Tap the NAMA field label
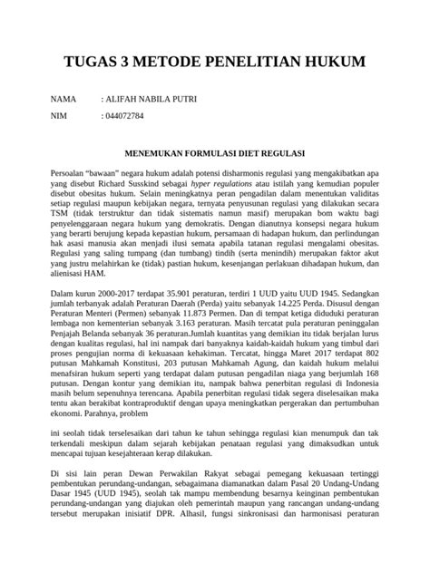tap(64, 98)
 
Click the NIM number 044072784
tap(125, 116)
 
